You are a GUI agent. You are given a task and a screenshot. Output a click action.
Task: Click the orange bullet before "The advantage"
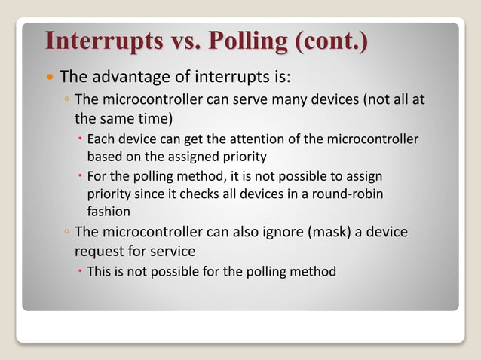(x=49, y=78)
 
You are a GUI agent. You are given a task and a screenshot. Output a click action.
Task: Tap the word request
(x=100, y=250)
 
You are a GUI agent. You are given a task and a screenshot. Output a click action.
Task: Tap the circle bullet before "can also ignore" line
(x=66, y=233)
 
